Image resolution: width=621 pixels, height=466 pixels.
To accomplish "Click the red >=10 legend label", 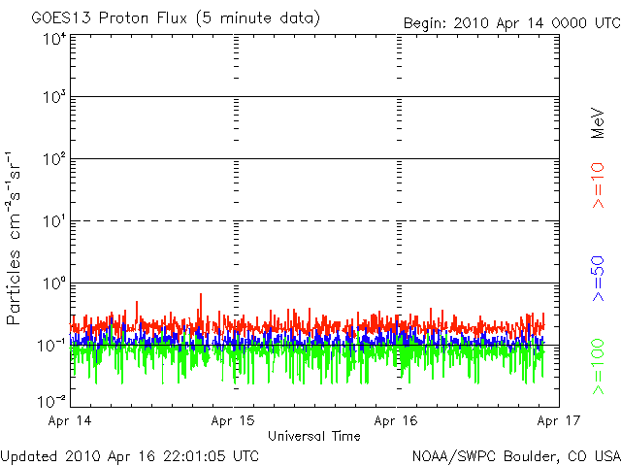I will [599, 184].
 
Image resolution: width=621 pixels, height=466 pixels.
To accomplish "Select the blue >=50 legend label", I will [599, 281].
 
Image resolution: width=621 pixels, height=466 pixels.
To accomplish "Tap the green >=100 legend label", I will [599, 366].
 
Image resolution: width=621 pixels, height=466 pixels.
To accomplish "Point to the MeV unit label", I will [599, 123].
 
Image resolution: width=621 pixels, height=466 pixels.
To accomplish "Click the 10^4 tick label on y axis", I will [53, 39].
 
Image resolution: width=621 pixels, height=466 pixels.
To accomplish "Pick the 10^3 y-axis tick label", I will [53, 97].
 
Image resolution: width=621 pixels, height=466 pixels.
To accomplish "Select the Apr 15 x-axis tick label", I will [233, 421].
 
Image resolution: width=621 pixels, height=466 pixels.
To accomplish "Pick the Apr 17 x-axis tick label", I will [558, 421].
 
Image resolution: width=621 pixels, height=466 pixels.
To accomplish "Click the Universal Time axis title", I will [314, 436].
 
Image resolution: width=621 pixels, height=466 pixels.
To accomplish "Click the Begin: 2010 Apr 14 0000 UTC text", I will [510, 21].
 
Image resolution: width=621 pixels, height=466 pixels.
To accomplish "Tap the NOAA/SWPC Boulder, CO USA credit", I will [515, 454].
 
